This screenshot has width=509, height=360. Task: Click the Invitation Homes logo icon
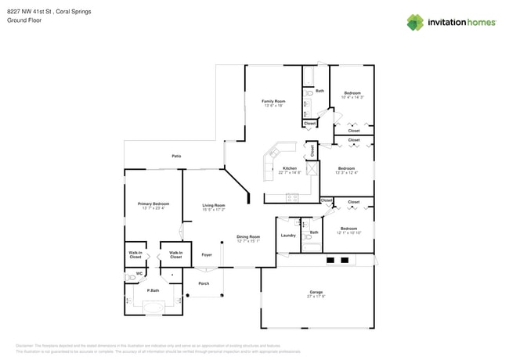415,23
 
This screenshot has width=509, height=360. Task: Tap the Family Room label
273,102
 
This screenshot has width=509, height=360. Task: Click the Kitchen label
289,168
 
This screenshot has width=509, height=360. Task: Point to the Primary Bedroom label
153,203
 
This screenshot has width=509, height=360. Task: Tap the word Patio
177,157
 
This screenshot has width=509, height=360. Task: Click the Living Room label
214,205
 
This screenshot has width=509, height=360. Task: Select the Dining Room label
248,236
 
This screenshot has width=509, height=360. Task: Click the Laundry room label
288,235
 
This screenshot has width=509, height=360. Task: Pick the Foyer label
207,254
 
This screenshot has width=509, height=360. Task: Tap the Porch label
204,283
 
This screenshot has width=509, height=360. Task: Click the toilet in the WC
131,277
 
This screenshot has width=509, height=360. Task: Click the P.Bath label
153,290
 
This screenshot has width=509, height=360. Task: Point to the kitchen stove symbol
292,196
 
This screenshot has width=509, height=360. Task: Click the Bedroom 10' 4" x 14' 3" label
352,92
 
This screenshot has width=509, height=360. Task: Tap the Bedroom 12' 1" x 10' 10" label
348,229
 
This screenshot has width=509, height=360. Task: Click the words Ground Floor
24,20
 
